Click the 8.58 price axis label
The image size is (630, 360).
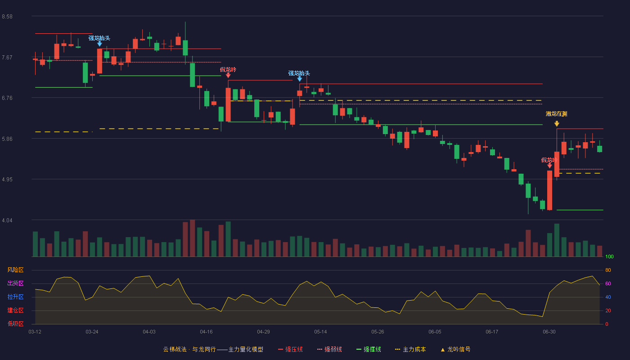click(x=7, y=17)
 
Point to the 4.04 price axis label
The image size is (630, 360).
click(x=7, y=220)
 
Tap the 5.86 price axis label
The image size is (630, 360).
click(x=7, y=139)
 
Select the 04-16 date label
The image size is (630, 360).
click(x=206, y=332)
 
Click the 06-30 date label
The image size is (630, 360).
click(x=549, y=332)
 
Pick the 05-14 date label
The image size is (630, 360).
click(x=320, y=332)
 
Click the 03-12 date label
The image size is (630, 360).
click(x=35, y=332)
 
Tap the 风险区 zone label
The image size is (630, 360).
click(x=15, y=270)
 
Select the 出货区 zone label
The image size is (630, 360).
click(x=15, y=283)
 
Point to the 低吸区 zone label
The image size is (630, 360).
click(x=15, y=324)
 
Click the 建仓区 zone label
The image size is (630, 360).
click(x=15, y=310)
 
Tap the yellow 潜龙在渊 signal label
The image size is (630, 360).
click(x=556, y=114)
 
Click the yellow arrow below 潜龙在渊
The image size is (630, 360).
click(x=557, y=124)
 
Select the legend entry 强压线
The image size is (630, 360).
click(x=291, y=349)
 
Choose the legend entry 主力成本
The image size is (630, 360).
click(x=410, y=349)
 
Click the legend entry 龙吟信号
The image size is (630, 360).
click(x=455, y=349)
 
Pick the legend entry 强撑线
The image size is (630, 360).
click(x=369, y=349)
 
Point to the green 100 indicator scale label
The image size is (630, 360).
click(x=609, y=256)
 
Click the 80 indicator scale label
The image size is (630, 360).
click(x=608, y=270)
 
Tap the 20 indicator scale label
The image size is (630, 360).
click(x=608, y=310)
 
